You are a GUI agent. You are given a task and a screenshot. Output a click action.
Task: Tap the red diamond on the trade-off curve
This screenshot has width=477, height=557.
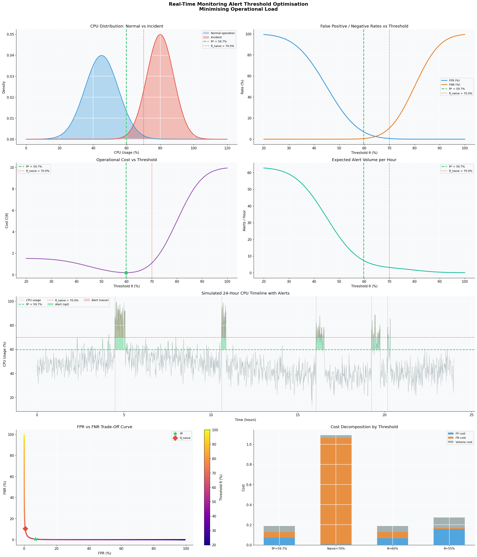pos(25,528)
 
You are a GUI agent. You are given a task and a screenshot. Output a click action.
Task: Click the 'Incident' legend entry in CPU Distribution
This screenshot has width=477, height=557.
pos(216,37)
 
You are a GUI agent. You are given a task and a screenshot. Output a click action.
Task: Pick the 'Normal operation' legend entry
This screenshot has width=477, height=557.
pos(222,33)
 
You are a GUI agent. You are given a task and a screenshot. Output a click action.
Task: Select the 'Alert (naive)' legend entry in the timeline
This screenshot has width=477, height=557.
pos(100,300)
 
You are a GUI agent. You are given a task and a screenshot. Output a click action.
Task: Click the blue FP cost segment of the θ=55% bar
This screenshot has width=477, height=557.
pos(449,536)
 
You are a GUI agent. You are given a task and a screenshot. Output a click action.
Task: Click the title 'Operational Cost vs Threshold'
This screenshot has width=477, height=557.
pos(127,160)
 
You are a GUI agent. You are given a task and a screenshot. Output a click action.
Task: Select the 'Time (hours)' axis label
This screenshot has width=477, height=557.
pos(245,420)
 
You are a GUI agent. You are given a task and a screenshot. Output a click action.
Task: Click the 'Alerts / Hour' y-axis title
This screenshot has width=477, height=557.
pos(244,221)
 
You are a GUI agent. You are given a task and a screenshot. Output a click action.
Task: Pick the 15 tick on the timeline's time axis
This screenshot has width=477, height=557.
pos(297,415)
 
